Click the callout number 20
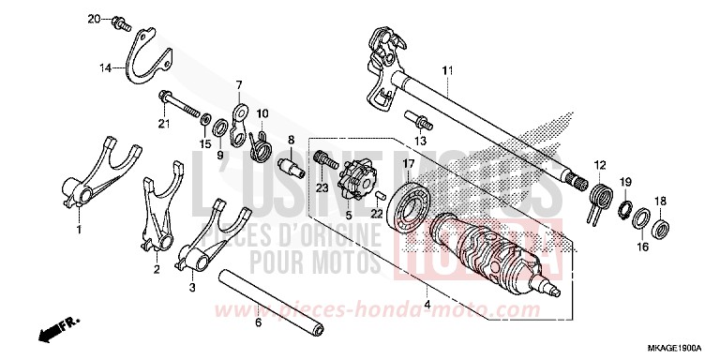pyautogui.click(x=94, y=19)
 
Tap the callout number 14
pyautogui.click(x=108, y=67)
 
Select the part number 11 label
pyautogui.click(x=447, y=71)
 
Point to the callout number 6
pyautogui.click(x=259, y=322)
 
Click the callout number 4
pyautogui.click(x=427, y=306)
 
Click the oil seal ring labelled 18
pyautogui.click(x=663, y=225)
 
